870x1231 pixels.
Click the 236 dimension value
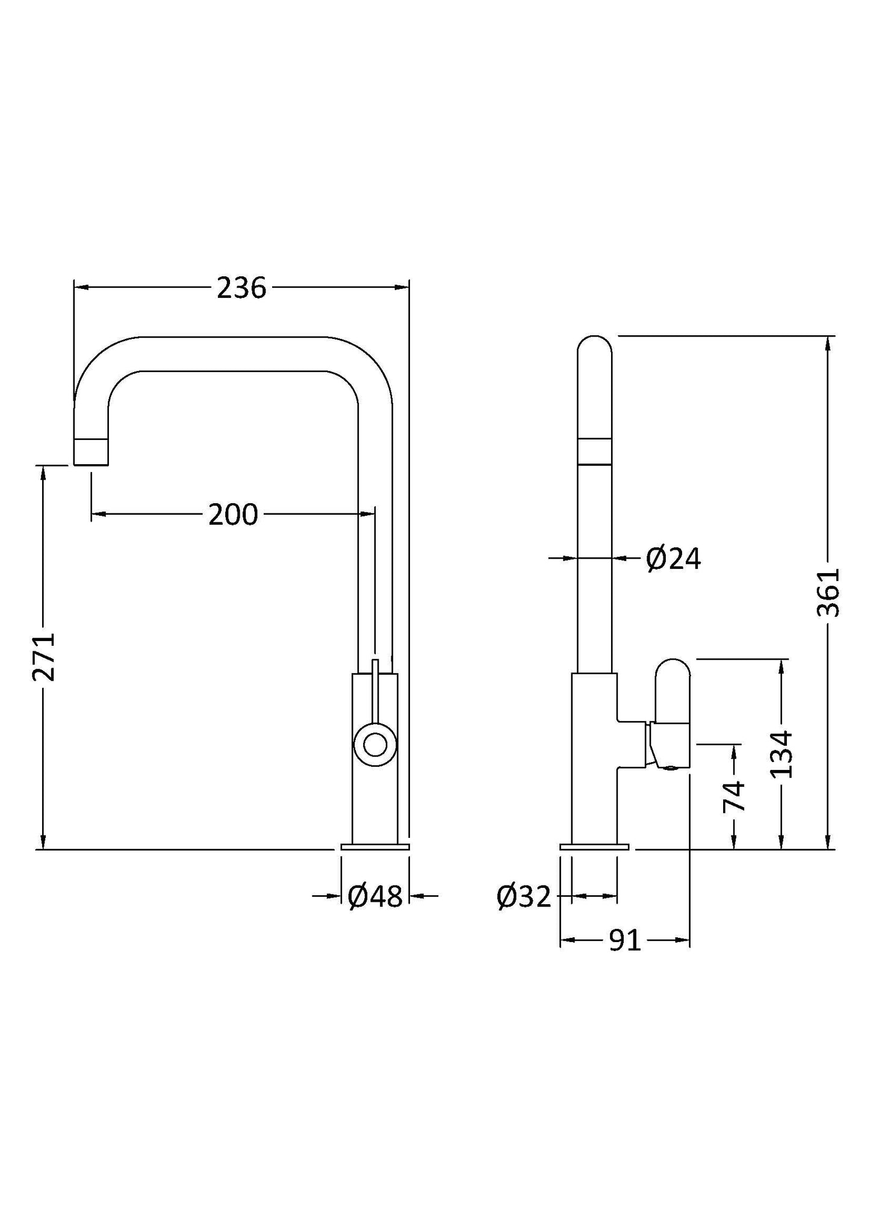tap(241, 288)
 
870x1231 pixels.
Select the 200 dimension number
tap(233, 515)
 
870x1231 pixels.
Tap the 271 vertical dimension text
tap(44, 657)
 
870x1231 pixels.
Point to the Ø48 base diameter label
tap(374, 897)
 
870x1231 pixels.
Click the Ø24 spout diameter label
tap(673, 559)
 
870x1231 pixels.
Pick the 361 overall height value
tap(828, 592)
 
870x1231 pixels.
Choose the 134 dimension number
tap(781, 754)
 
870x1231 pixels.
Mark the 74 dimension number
tap(734, 796)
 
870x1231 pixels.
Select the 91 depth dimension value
tap(625, 941)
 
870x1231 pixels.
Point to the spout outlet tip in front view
tap(91, 452)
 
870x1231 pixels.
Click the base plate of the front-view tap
tap(374, 847)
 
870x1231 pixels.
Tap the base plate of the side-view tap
tap(594, 847)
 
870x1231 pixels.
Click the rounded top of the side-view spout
tap(594, 346)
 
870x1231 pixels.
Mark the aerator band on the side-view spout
tap(594, 452)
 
